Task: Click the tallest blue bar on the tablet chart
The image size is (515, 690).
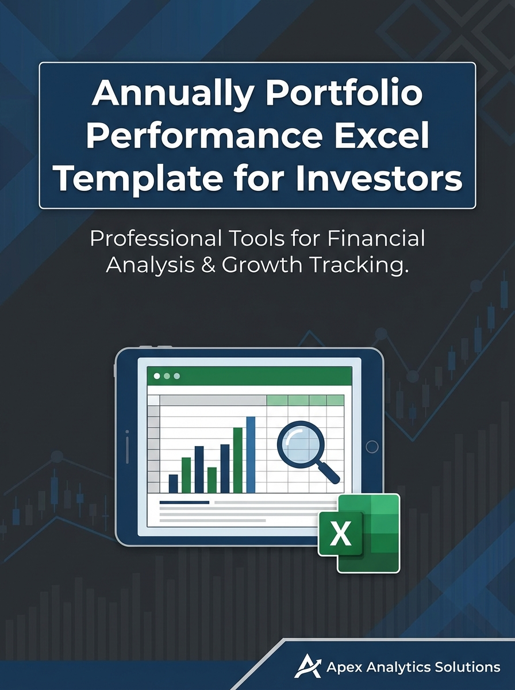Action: tap(251, 454)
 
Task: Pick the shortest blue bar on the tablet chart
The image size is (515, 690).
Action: tap(173, 483)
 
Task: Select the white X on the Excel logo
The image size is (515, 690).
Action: tap(341, 534)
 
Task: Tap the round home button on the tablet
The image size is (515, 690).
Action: tap(372, 447)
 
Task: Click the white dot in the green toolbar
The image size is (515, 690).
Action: tap(156, 376)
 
